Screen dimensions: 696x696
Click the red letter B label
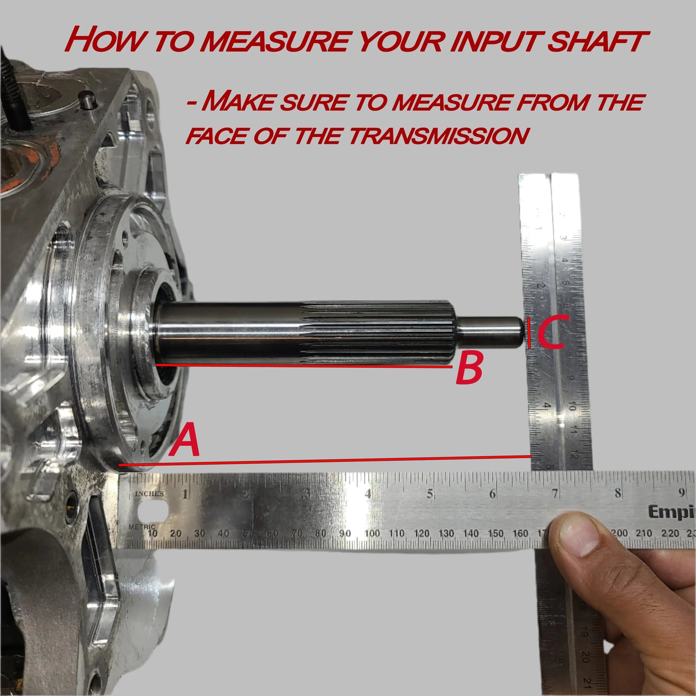pos(469,368)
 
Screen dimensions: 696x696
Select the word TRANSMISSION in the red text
pos(438,136)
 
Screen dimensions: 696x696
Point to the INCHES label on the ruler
pos(149,494)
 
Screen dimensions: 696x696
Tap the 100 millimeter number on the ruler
pos(372,534)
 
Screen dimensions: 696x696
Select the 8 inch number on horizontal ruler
pos(617,494)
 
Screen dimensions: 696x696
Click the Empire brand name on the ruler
pos(671,512)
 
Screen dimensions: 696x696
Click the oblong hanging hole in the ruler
pos(153,509)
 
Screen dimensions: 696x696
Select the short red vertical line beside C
pos(529,333)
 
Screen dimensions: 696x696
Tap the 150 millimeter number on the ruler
pos(495,534)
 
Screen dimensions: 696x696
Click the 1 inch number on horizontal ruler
pos(185,494)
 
